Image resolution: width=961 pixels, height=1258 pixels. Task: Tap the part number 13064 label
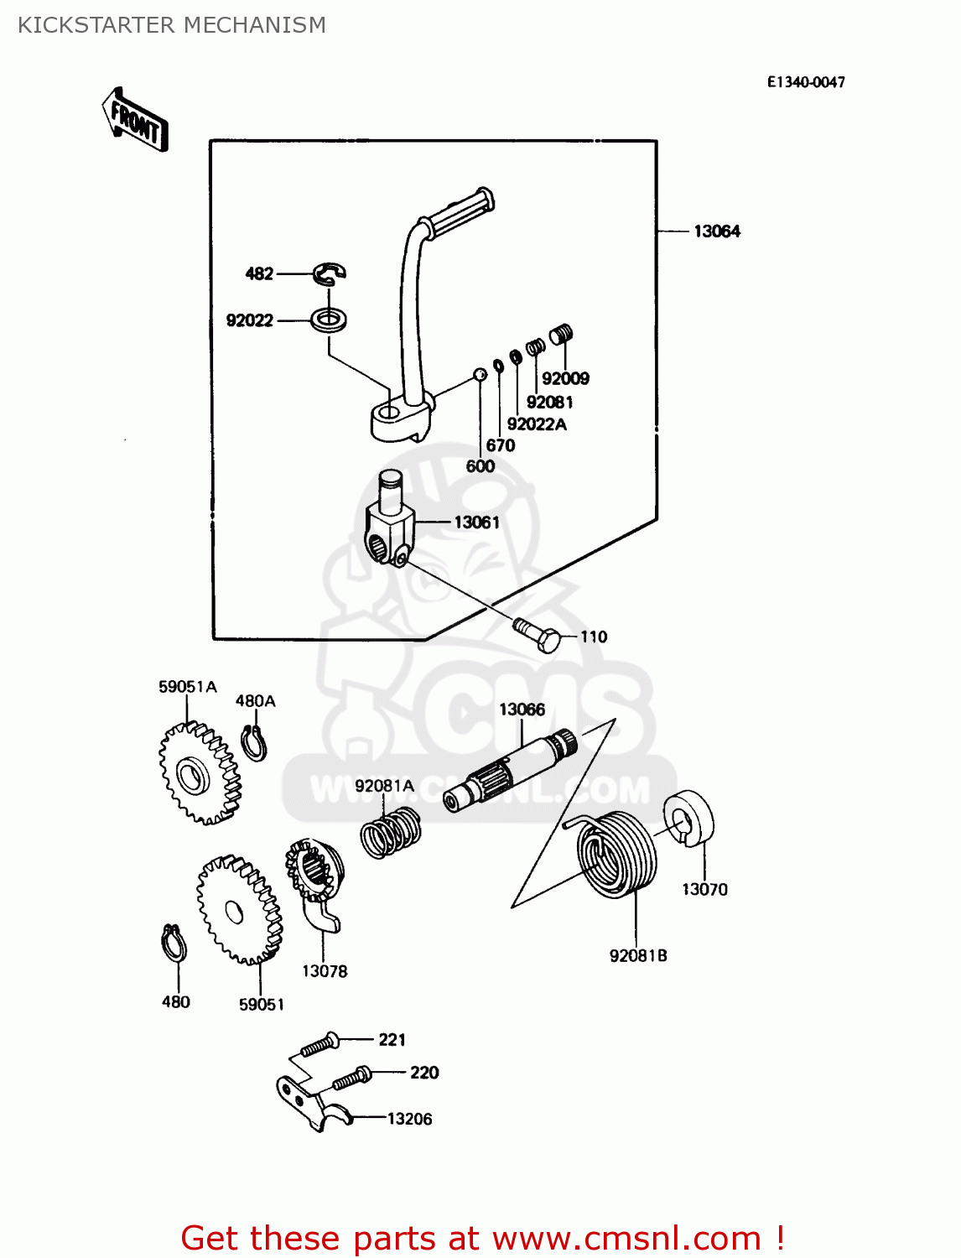coord(716,231)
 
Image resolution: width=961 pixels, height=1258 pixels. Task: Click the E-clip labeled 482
coord(330,273)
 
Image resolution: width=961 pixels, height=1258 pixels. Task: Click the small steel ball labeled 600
coord(480,374)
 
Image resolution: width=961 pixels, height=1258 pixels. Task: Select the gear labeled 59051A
coord(199,773)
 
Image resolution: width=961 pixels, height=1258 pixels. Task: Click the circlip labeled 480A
coord(254,743)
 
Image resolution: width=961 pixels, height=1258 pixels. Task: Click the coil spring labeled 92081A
coord(391,833)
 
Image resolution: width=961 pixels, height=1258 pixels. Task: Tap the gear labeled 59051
coord(239,911)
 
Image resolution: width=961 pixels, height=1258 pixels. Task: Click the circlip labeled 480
coord(174,944)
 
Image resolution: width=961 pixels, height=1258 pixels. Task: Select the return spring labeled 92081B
coord(618,855)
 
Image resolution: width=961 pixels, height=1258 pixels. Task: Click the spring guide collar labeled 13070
coord(688,818)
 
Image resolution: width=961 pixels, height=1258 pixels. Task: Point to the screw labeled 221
coord(319,1045)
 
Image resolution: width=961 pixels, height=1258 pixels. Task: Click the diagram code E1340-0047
coord(805,82)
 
